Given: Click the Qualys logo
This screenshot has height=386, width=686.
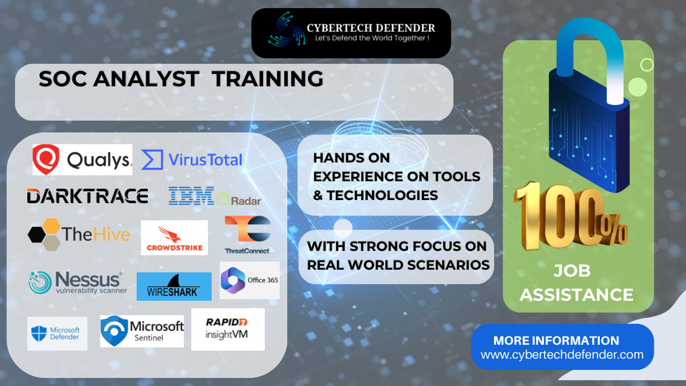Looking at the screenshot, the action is coord(83,160).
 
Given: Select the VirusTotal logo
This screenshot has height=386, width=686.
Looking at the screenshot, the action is coord(192,160).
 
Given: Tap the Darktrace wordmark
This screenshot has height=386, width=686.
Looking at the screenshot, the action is coord(87,196).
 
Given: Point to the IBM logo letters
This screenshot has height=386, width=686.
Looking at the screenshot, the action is coord(191,196).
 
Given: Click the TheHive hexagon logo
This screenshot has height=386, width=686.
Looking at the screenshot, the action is coord(44,234).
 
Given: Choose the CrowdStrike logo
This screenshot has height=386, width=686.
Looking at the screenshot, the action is coord(174,237).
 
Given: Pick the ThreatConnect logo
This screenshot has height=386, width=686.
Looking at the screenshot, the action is coord(248,235).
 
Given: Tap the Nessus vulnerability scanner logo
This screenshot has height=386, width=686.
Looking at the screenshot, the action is coord(78,283).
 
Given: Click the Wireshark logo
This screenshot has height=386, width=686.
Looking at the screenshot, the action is coord(174,286).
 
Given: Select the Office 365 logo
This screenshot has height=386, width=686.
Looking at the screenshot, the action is coord(250,280).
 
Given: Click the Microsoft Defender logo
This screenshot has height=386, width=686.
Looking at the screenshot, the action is coord(57,333).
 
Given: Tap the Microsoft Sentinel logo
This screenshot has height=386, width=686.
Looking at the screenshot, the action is coord(142,331).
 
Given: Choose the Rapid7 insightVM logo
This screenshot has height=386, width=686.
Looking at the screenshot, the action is coord(228,329).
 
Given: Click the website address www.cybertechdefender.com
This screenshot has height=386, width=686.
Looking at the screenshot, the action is coord(562,355).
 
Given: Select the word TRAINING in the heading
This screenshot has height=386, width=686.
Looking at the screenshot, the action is coord(267,79).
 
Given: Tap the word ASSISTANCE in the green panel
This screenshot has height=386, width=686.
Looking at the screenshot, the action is coord(576,295).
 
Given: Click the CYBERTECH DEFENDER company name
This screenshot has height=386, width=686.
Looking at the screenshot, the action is coord(371,28).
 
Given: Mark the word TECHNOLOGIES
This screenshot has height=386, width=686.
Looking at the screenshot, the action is coord(383,195).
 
